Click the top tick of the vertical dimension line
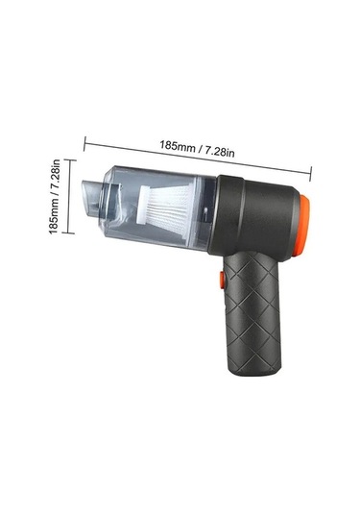pos(68,159)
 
